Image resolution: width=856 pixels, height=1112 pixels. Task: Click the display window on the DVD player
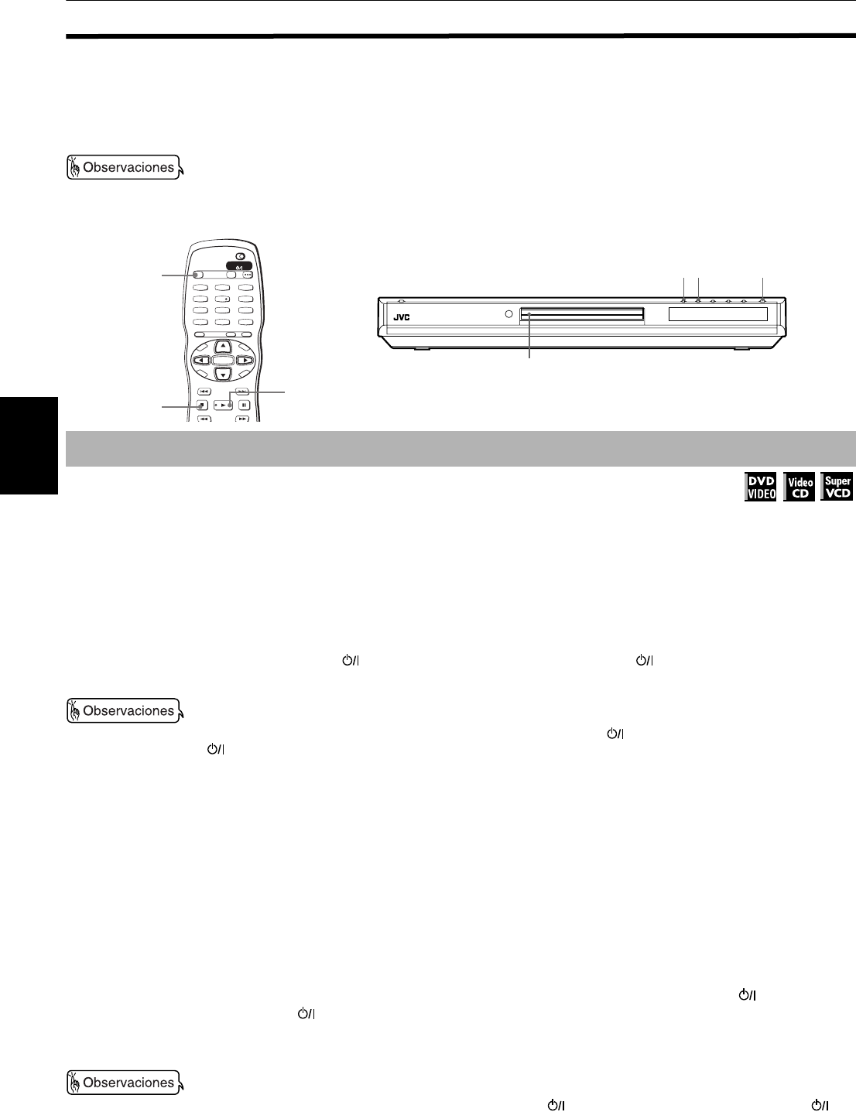pos(717,314)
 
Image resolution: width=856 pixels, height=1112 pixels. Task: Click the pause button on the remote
pos(243,405)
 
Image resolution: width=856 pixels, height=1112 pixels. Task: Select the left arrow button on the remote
pos(200,361)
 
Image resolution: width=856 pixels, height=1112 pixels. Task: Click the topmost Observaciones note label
pos(124,167)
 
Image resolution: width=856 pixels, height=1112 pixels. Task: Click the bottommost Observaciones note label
pos(124,1082)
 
